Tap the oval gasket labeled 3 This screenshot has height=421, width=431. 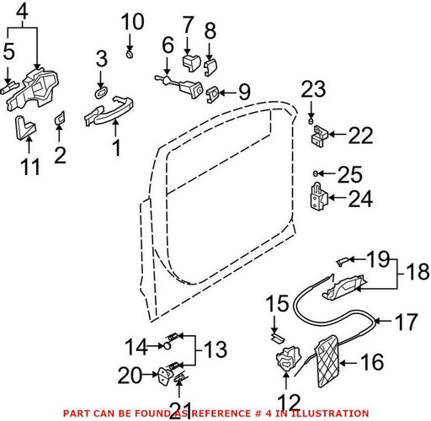(x=101, y=93)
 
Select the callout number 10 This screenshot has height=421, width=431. (x=133, y=22)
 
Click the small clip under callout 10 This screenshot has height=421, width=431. (x=129, y=55)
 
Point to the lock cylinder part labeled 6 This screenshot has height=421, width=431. (x=179, y=84)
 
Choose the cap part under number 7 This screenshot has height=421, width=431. (x=192, y=63)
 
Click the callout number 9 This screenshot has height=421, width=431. (x=244, y=92)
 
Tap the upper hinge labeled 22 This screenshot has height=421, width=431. (x=320, y=136)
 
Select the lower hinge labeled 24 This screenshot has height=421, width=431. (x=319, y=196)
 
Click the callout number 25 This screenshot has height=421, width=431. (x=350, y=174)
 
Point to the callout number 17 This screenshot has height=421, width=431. (x=407, y=322)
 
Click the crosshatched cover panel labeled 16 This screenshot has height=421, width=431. (x=329, y=361)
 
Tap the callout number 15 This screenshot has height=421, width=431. (x=277, y=303)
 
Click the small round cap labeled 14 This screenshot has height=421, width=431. (x=167, y=346)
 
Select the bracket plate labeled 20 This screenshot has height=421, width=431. (x=165, y=376)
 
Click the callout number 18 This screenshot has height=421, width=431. (x=418, y=272)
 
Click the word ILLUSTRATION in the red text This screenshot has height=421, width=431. (x=329, y=413)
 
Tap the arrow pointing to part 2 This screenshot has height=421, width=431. (x=59, y=134)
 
